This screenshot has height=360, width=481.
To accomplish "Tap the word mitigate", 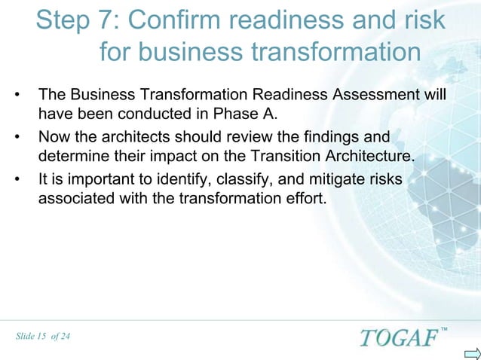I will (335, 181).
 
